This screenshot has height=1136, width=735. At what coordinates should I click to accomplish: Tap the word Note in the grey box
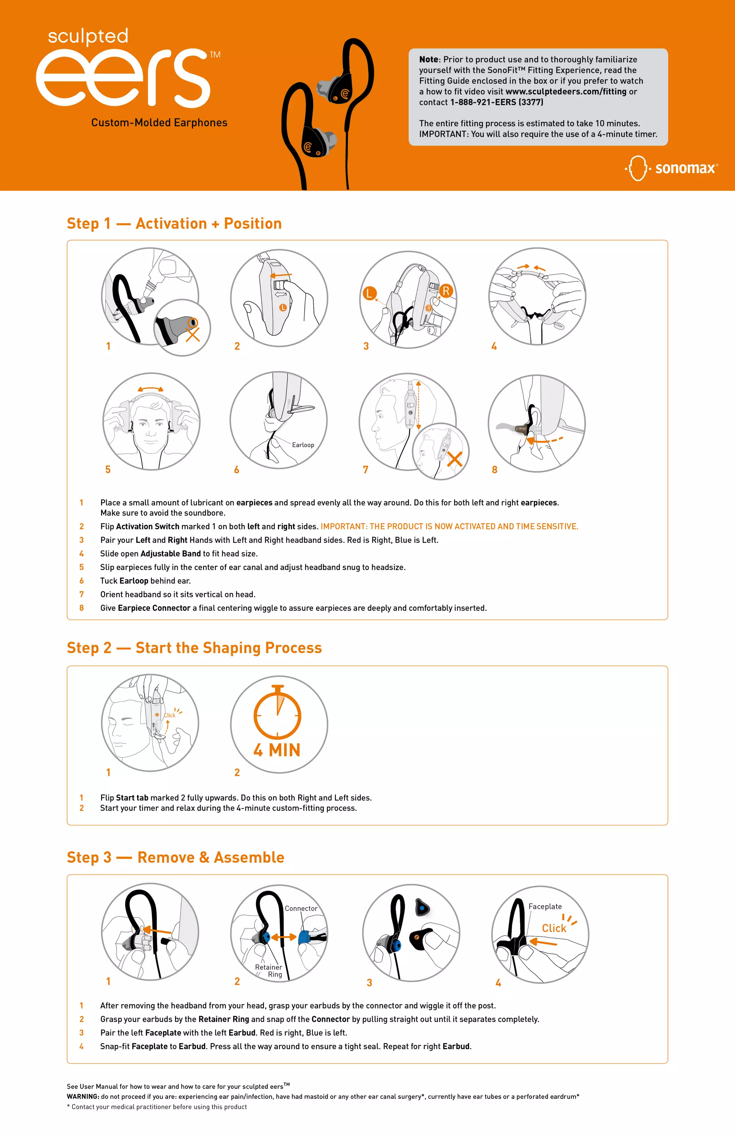(428, 59)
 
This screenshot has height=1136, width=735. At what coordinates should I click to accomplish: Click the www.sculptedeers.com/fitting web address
(566, 91)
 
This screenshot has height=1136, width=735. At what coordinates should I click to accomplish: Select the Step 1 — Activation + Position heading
(174, 223)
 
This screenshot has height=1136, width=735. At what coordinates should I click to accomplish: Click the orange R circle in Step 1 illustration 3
(445, 291)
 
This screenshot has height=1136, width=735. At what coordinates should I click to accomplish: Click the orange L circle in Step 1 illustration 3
(369, 293)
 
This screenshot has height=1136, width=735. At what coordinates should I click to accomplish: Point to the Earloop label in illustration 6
(303, 445)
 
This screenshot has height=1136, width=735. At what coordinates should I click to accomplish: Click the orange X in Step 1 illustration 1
(193, 334)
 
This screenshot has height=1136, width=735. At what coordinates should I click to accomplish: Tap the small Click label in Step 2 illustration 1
(169, 715)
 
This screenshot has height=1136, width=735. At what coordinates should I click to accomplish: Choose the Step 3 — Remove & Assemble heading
(175, 857)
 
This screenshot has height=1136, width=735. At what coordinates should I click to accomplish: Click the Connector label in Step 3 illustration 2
(301, 908)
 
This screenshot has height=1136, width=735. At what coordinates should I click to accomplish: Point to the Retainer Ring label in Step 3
(269, 971)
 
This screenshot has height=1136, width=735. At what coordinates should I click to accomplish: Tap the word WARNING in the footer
(83, 1097)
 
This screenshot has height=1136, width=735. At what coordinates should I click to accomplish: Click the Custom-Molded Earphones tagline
(159, 123)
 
